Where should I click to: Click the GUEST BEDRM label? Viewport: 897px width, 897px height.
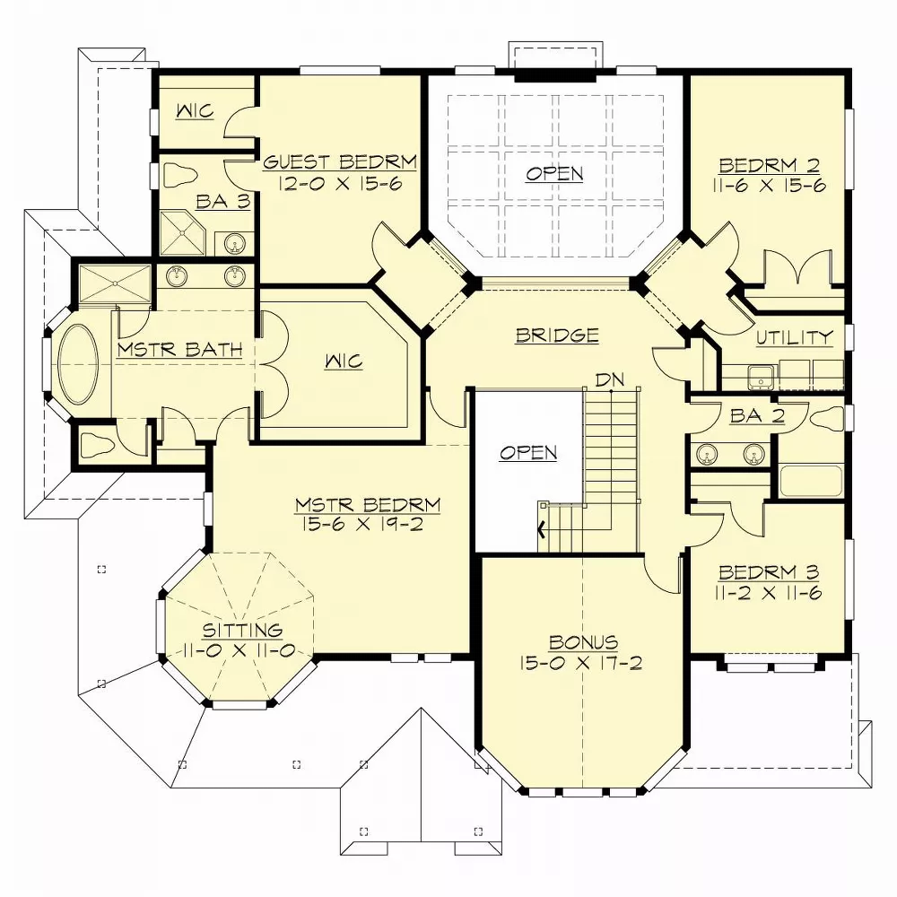(339, 163)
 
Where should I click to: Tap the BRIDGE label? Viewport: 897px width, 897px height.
(556, 335)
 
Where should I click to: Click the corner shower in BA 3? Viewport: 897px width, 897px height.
(183, 231)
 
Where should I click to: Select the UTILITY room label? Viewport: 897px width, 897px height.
(794, 337)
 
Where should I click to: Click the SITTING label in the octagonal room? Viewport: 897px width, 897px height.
(241, 631)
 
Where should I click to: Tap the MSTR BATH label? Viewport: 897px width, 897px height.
(179, 349)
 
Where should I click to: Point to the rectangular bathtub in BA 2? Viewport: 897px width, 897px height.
(810, 481)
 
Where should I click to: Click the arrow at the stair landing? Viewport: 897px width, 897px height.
(541, 529)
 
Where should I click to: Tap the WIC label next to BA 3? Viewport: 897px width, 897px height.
(194, 111)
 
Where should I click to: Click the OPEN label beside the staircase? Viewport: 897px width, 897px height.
(528, 452)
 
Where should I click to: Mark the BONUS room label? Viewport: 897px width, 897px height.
(583, 642)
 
